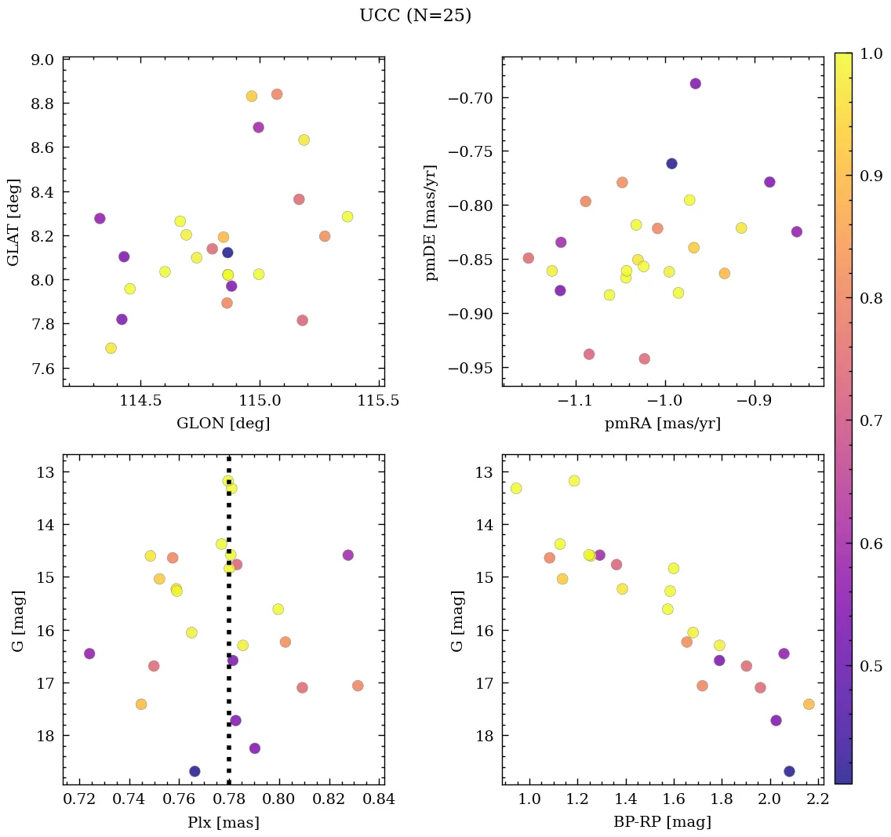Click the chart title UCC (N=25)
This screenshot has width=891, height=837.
click(x=415, y=16)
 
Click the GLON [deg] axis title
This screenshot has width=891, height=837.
click(x=224, y=424)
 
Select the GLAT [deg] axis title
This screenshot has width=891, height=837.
click(x=13, y=221)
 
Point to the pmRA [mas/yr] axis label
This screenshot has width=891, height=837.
click(x=663, y=424)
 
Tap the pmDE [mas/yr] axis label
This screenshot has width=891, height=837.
click(x=432, y=222)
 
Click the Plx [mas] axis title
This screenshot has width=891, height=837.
click(x=224, y=822)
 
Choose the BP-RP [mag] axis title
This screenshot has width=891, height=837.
click(x=663, y=822)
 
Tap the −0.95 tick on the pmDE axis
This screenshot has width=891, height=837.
click(x=475, y=368)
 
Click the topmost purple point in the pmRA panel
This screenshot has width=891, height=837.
click(x=695, y=84)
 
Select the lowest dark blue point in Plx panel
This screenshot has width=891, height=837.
click(x=195, y=771)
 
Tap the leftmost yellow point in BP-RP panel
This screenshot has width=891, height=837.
click(x=516, y=488)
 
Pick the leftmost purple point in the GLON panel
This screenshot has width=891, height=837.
click(x=100, y=218)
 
